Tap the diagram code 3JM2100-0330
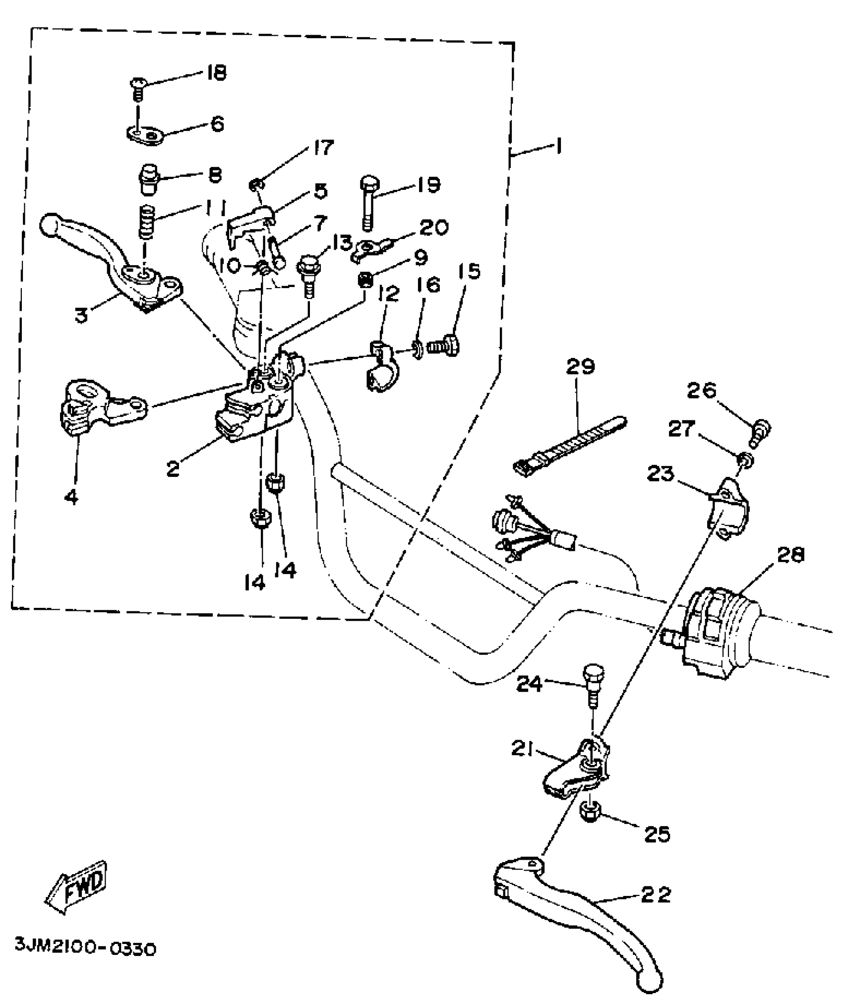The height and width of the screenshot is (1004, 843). pyautogui.click(x=86, y=947)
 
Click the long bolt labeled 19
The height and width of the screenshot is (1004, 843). pyautogui.click(x=368, y=203)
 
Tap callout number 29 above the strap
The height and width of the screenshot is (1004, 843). pyautogui.click(x=580, y=367)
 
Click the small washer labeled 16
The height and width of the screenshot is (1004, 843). pyautogui.click(x=418, y=351)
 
